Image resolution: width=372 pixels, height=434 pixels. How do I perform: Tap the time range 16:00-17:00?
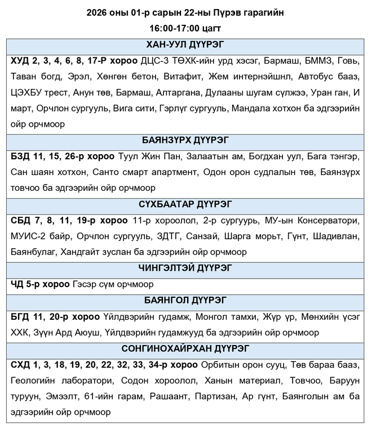coord(171,27)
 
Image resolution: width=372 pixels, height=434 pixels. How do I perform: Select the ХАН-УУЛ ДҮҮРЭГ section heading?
coord(185,46)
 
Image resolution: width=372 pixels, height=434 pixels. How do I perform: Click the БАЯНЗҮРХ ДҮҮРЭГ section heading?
coord(185,140)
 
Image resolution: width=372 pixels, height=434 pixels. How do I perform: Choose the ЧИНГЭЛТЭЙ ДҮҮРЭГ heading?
coord(185,268)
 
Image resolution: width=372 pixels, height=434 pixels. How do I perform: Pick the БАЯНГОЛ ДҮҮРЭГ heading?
coord(185,300)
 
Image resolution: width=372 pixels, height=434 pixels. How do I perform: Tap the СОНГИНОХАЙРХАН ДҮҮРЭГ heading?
coord(185,348)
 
